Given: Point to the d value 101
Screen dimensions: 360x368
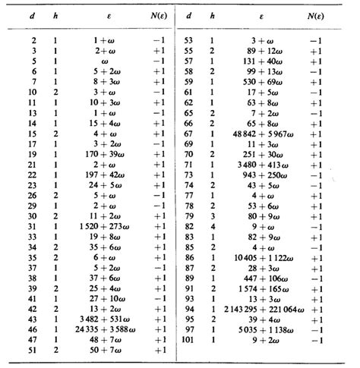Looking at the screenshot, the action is coord(188,341).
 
